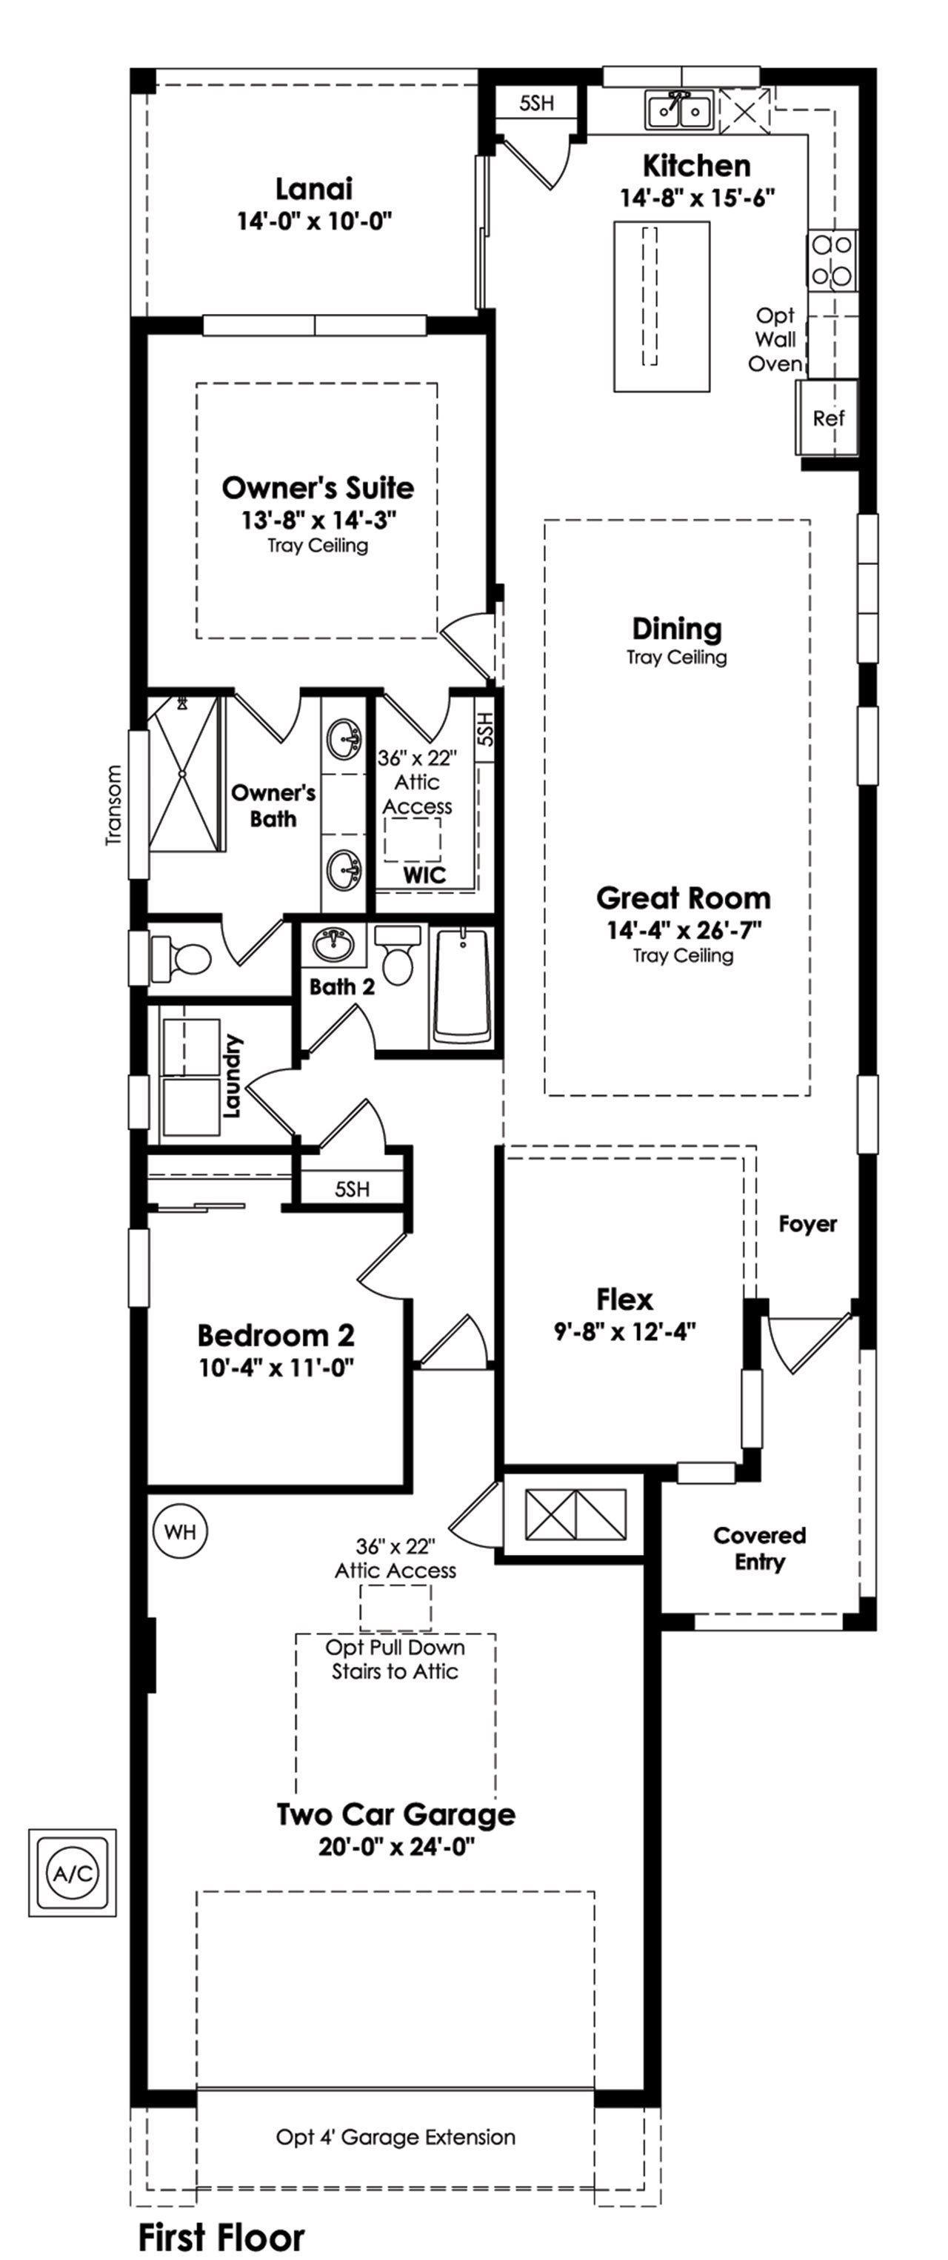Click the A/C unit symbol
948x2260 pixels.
click(x=72, y=1873)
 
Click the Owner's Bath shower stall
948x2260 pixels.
click(x=183, y=774)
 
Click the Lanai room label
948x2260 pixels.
click(x=313, y=189)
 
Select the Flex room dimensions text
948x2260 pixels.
click(x=624, y=1331)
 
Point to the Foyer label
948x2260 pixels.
click(x=807, y=1224)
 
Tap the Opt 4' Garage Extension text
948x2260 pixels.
click(x=395, y=2136)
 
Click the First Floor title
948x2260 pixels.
click(x=221, y=2236)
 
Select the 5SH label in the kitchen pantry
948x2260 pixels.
click(x=536, y=103)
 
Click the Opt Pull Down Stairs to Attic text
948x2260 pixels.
click(x=394, y=1659)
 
